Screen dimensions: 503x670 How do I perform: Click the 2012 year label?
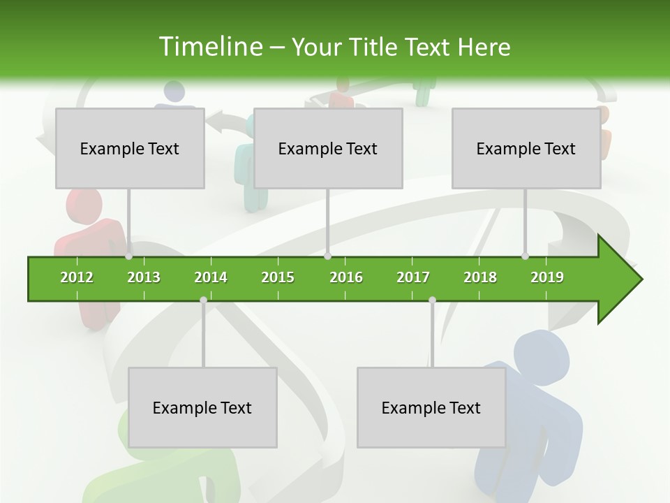point(77,277)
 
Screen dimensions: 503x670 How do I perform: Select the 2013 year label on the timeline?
point(144,277)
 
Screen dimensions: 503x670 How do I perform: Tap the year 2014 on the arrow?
point(211,277)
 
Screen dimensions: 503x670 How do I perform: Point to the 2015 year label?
point(278,277)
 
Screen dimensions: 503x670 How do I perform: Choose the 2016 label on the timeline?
point(346,277)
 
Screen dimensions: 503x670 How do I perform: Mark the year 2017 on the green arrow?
point(413,277)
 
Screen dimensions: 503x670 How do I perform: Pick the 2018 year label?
point(480,277)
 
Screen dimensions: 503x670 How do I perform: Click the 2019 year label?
point(547,277)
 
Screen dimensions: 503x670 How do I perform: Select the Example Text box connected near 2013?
point(130,148)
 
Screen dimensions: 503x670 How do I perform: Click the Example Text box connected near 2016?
point(328,148)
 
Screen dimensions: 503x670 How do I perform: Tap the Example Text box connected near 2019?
point(526,148)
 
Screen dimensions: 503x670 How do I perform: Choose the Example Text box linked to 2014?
point(202,407)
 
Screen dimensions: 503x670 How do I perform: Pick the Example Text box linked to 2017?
point(431,407)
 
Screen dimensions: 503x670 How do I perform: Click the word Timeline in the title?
point(210,47)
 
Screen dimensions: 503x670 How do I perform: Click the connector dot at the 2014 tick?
point(203,300)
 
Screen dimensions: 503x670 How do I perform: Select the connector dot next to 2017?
point(432,300)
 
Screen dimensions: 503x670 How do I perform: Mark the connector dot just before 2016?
point(327,256)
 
